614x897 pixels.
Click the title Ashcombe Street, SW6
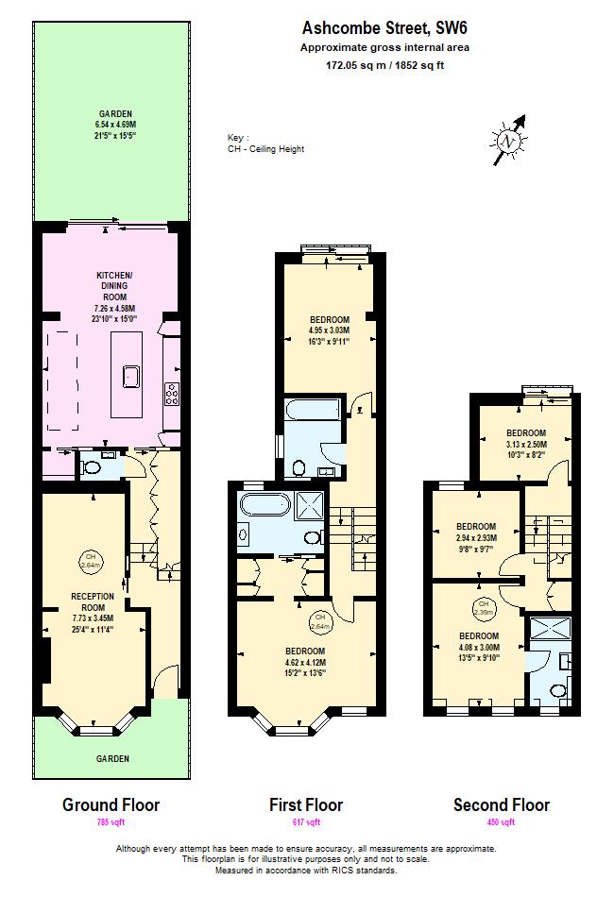(384, 30)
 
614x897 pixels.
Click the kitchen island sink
(129, 378)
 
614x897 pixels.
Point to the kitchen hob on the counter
(173, 392)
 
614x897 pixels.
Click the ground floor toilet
(93, 465)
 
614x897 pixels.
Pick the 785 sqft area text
(111, 823)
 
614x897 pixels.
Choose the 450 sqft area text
(501, 823)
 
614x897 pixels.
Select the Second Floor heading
(501, 805)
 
